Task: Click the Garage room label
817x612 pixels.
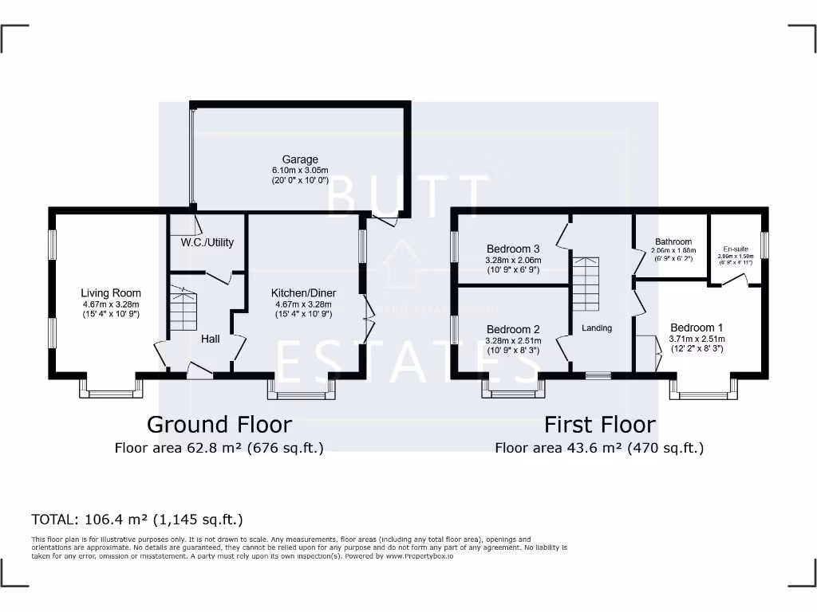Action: pos(299,159)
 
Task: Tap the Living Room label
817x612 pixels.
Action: pos(111,292)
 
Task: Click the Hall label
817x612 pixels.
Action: pos(210,339)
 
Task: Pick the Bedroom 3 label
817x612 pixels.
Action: pos(513,249)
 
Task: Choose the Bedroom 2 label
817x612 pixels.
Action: pos(513,329)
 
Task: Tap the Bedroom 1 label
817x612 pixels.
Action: pos(697,328)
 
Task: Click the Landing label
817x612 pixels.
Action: pos(596,328)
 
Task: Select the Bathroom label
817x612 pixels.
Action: pos(673,241)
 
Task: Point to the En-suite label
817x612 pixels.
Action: pos(735,249)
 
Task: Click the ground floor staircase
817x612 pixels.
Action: pos(183,312)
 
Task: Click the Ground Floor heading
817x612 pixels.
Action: pos(219,425)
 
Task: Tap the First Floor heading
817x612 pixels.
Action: pos(599,425)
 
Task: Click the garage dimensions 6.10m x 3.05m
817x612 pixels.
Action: pos(299,171)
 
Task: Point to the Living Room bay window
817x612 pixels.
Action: pos(111,388)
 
